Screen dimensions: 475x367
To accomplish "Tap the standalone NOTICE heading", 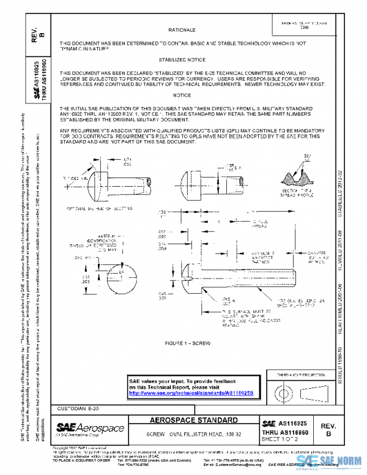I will click(182, 95).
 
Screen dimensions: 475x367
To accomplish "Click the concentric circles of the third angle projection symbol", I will click(284, 390).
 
